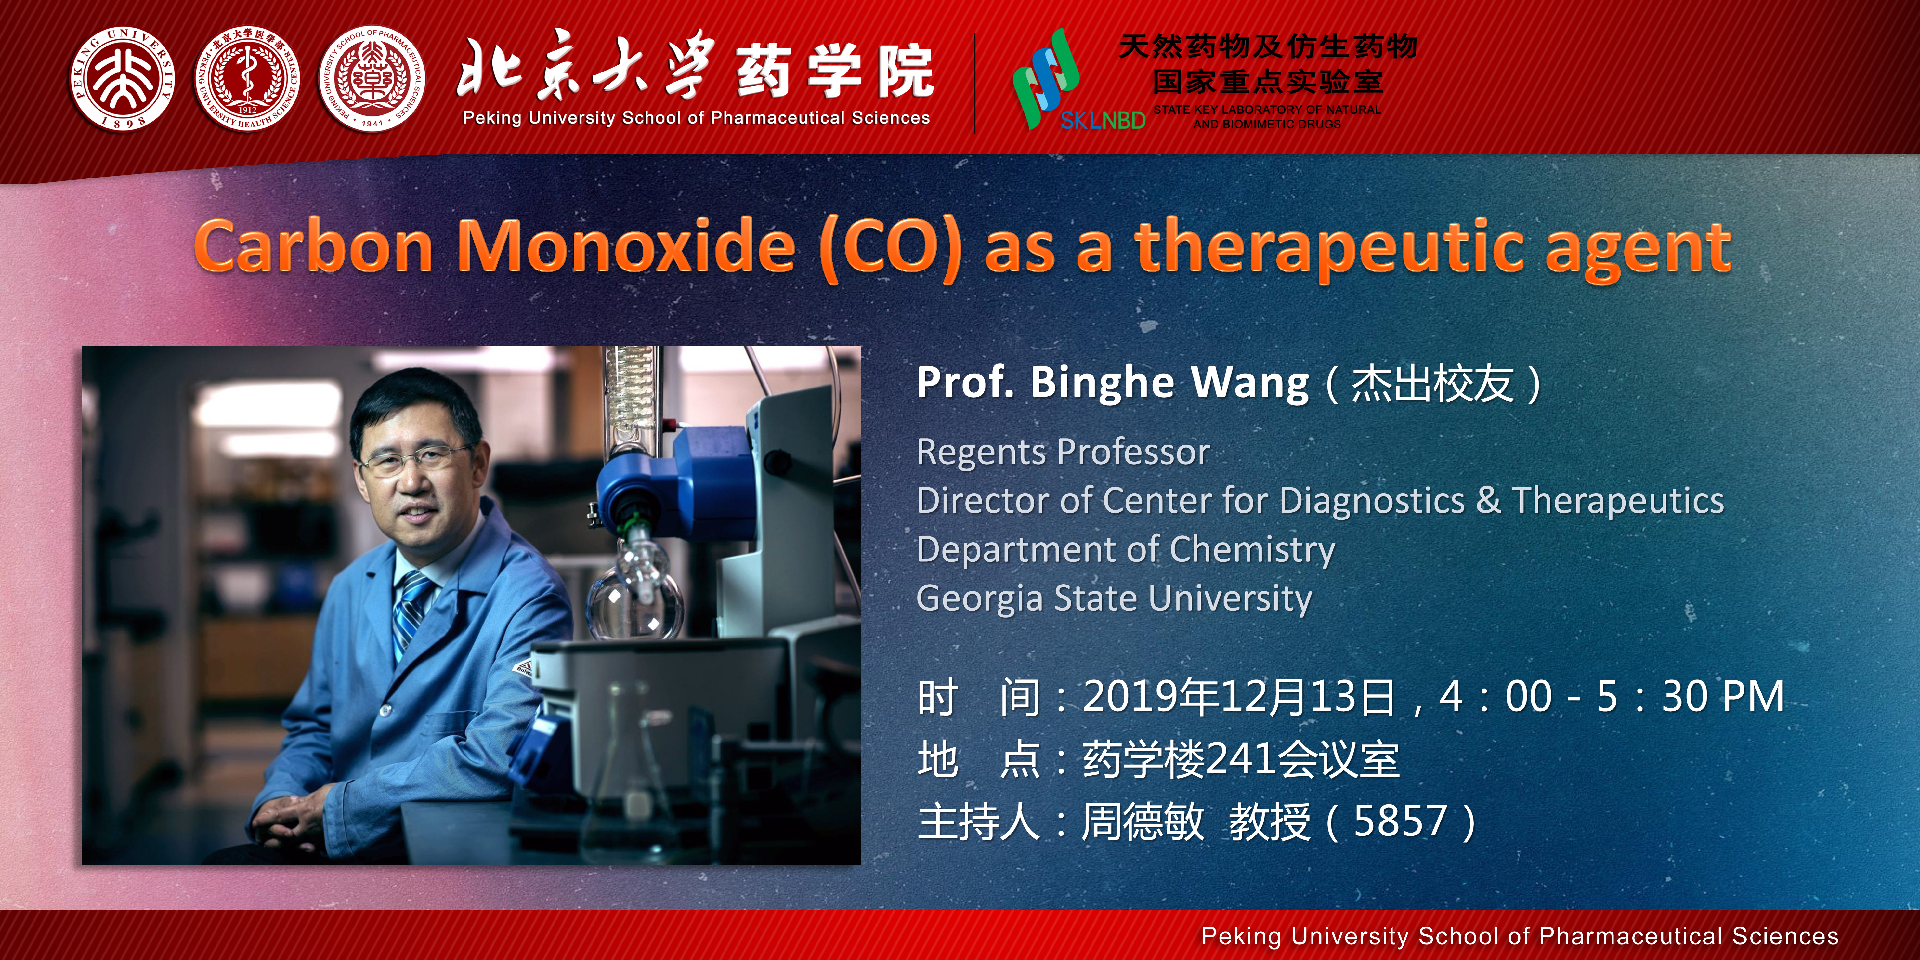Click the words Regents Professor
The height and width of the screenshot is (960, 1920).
pos(1063,452)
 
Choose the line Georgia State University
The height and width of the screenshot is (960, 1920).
pos(1114,598)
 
